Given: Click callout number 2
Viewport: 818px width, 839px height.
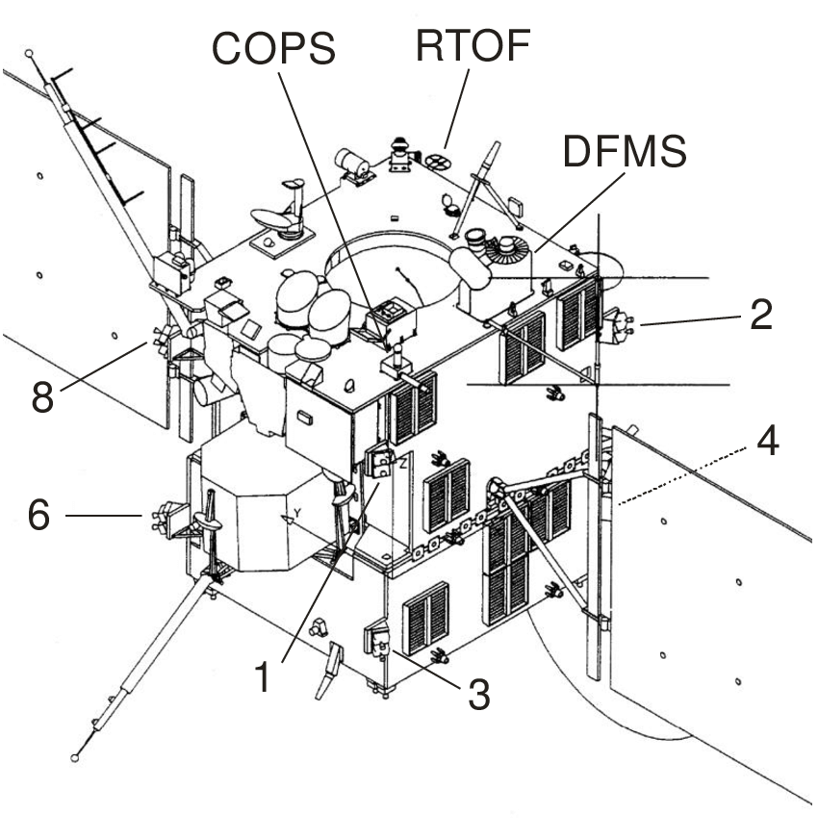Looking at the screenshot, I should click(x=760, y=315).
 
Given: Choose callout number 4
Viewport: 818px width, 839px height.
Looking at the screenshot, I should click(x=767, y=442).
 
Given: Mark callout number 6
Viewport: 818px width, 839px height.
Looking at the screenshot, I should click(x=38, y=516).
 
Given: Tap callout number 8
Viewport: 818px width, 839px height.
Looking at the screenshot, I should click(x=40, y=395).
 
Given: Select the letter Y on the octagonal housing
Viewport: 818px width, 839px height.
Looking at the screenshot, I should click(x=297, y=514).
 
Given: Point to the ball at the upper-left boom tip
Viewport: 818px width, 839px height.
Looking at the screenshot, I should click(x=30, y=54).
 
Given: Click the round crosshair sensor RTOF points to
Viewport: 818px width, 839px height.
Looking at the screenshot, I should click(x=439, y=161).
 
